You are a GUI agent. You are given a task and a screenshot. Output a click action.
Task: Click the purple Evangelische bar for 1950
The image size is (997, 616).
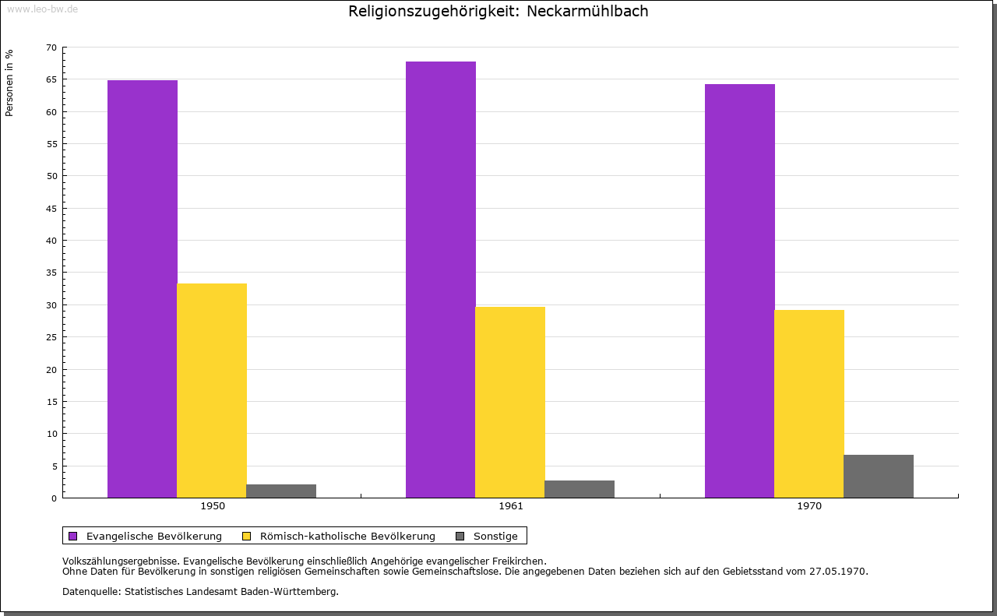tap(143, 289)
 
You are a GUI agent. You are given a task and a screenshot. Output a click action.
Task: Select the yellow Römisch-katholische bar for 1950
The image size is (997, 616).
tap(212, 390)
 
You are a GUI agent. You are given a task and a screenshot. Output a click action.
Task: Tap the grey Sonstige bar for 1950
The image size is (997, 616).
tap(281, 491)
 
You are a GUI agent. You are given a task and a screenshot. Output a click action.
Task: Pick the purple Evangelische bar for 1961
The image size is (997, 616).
tap(441, 280)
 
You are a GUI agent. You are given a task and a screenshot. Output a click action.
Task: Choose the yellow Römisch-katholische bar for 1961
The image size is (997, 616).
tap(510, 402)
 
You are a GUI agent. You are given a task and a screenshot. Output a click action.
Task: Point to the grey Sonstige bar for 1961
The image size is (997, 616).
tap(580, 489)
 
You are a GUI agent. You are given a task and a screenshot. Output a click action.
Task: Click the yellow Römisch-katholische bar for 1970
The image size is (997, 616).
tap(809, 403)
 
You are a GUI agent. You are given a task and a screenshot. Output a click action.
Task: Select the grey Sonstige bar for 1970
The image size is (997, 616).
tap(879, 476)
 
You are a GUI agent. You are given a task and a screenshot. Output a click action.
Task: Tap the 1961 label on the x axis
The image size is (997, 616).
tap(511, 506)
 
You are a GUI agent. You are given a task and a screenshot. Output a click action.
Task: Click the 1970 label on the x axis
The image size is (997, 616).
tap(809, 506)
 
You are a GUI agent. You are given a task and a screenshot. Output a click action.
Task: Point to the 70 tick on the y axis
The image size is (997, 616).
tap(51, 48)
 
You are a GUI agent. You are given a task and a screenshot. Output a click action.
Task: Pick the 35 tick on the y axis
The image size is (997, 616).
tap(51, 273)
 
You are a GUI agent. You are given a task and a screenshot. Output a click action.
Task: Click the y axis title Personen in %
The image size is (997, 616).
tap(9, 83)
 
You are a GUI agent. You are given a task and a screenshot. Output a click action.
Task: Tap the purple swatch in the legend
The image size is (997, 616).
tap(73, 536)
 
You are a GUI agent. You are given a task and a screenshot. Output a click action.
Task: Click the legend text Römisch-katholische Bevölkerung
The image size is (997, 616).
tap(347, 536)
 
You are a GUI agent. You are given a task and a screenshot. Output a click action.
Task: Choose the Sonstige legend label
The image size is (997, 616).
tap(495, 536)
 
